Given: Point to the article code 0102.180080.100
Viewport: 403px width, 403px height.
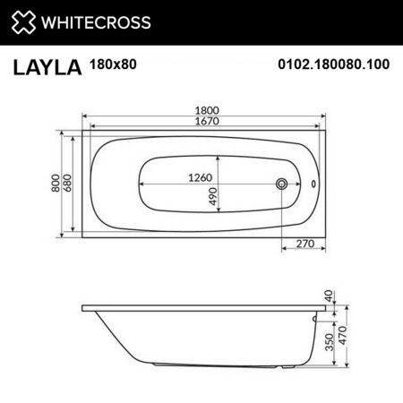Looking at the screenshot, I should (x=332, y=65).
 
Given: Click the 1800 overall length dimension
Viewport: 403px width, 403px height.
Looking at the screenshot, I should (x=208, y=110).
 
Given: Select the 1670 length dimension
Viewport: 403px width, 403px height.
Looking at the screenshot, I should (x=208, y=122).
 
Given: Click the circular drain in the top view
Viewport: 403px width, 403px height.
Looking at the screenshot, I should (x=283, y=184).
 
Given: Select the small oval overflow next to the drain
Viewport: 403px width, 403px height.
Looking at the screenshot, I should (x=313, y=184).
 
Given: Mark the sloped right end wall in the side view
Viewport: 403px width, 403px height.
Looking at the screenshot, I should (x=308, y=340).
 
